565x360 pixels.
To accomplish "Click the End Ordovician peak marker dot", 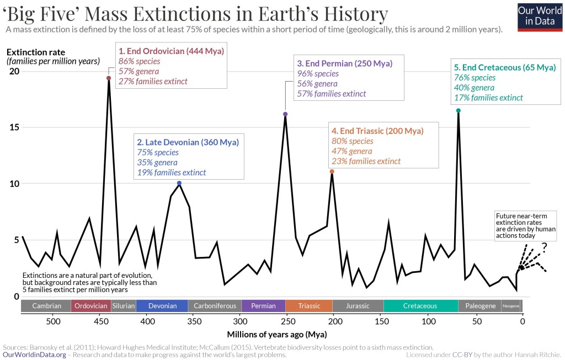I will (109, 78).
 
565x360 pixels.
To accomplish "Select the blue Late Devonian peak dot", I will (179, 183).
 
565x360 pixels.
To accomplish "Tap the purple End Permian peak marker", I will (285, 114).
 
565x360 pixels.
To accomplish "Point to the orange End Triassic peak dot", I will (332, 171).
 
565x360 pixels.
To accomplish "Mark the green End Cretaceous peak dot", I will (458, 110).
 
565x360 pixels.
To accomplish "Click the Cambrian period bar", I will (46, 306).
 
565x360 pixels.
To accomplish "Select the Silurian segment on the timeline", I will (124, 306).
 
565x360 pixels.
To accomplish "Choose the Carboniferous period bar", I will (215, 306).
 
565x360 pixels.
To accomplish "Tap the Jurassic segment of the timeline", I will (358, 306).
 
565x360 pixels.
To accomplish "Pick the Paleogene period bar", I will (479, 306).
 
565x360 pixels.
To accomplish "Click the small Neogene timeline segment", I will (511, 306).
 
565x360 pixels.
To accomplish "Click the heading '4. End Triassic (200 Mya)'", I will (377, 131).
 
